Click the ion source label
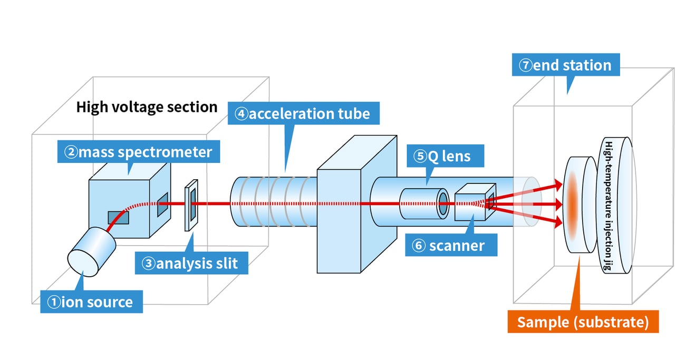[91, 302]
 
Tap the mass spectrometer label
[138, 152]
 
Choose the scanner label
[451, 246]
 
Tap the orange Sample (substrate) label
[583, 322]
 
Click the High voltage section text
[147, 107]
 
